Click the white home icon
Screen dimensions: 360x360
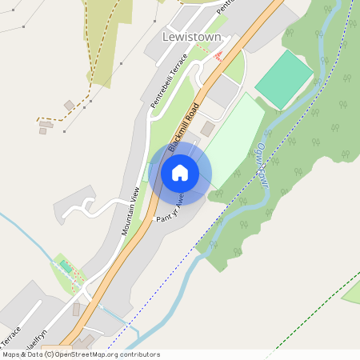tap(180, 173)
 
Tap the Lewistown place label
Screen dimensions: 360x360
tap(191, 37)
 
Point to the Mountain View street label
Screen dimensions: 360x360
tap(130, 210)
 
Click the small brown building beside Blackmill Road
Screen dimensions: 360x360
tap(208, 128)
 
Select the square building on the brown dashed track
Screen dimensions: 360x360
tap(70, 105)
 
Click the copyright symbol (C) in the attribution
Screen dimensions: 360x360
tap(50, 354)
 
